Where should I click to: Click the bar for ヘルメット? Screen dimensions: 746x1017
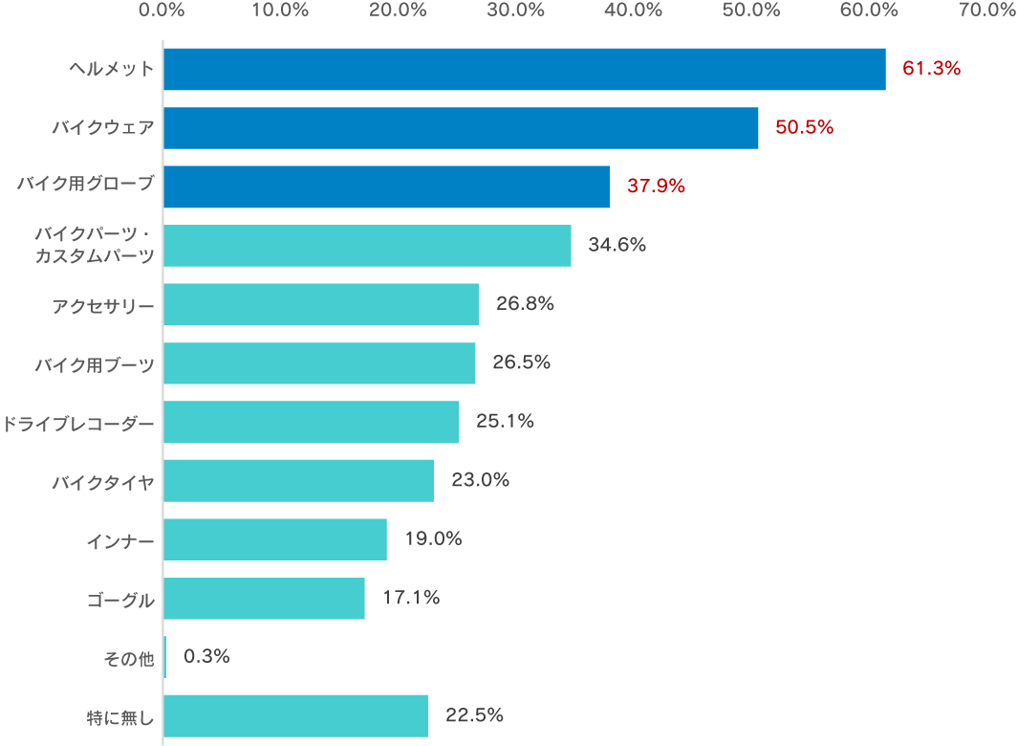[524, 69]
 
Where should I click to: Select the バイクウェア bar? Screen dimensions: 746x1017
[461, 128]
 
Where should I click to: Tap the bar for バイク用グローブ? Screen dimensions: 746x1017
[386, 186]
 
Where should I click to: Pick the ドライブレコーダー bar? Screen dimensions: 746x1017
[311, 422]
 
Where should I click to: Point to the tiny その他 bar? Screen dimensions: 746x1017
[164, 657]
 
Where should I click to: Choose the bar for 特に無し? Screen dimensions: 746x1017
[295, 716]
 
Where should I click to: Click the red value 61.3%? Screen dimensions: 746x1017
[931, 69]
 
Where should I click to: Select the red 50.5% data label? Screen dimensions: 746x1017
[804, 128]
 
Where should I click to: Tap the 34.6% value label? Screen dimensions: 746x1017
[617, 245]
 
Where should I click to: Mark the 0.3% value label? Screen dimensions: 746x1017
[206, 657]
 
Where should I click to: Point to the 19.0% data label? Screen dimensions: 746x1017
[433, 539]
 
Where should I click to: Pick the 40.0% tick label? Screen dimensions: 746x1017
[634, 11]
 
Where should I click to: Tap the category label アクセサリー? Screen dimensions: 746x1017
[103, 305]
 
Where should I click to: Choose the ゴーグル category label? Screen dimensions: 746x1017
[119, 600]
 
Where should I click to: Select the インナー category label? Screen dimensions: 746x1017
[119, 540]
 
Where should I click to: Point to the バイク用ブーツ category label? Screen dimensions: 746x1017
[94, 364]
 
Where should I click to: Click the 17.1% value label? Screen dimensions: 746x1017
[411, 599]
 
